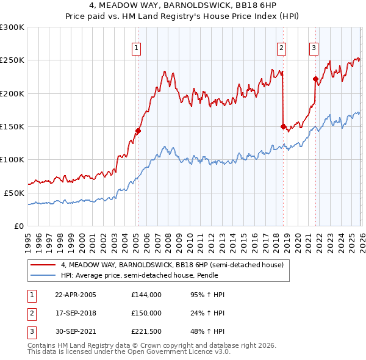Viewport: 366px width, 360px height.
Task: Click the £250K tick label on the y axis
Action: pyautogui.click(x=12, y=60)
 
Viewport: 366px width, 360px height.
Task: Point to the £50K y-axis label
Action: pyautogui.click(x=15, y=193)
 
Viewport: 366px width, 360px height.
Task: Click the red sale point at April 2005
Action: pyautogui.click(x=138, y=131)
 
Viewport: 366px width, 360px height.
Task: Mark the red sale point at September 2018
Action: pyautogui.click(x=283, y=127)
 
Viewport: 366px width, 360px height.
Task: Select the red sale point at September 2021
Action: pyautogui.click(x=315, y=79)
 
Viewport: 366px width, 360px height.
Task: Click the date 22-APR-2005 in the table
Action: pyautogui.click(x=76, y=295)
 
